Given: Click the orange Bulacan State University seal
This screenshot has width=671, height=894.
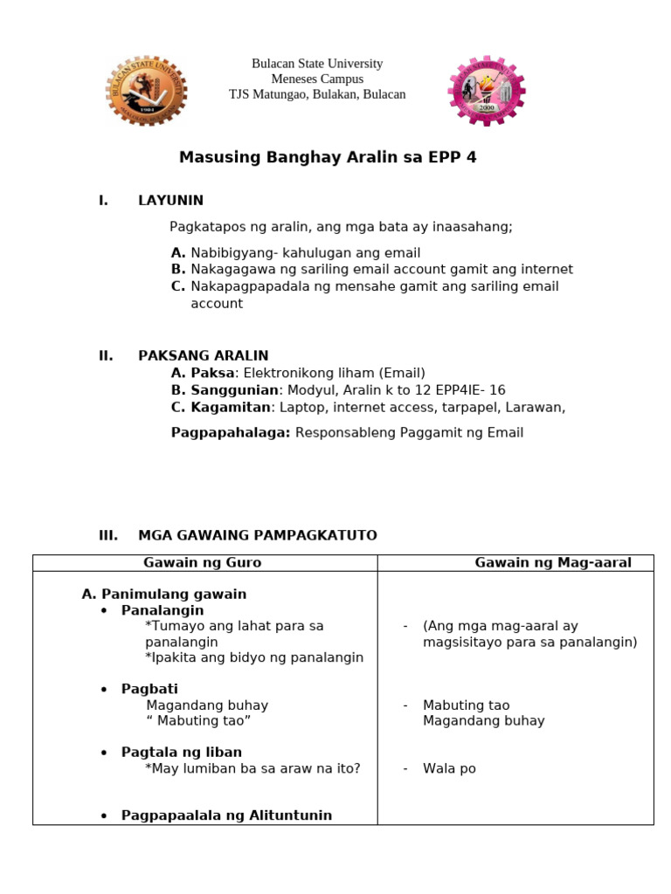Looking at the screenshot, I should (x=147, y=91).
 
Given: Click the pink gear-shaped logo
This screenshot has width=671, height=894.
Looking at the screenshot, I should (x=487, y=91).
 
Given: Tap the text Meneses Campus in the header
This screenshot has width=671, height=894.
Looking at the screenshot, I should (x=317, y=79).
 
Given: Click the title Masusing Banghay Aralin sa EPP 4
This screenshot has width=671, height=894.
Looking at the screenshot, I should (x=328, y=157).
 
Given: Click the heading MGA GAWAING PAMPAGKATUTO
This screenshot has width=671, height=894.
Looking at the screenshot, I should (x=258, y=535).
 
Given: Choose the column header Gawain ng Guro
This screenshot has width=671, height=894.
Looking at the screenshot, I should (x=203, y=562).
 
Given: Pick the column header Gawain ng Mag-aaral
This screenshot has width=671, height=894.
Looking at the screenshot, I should (x=553, y=562).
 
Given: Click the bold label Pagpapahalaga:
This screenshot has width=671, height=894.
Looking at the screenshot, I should (x=231, y=432).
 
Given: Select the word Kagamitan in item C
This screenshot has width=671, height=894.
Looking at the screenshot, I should (x=231, y=407).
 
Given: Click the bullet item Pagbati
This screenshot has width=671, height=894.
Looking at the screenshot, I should (x=150, y=689).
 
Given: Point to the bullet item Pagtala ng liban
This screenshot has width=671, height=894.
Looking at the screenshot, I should (x=181, y=752).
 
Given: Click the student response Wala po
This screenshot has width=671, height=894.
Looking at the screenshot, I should (x=449, y=768).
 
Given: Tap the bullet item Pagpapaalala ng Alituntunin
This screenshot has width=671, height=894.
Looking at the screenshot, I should (x=226, y=815).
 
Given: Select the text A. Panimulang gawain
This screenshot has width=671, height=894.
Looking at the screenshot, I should (x=164, y=594).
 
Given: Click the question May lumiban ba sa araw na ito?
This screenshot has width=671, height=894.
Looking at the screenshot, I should (x=252, y=768).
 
